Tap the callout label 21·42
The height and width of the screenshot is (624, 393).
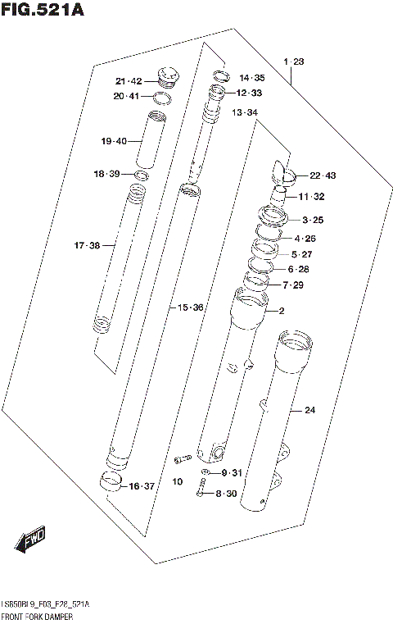[129, 80]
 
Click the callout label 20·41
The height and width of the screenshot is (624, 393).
[129, 97]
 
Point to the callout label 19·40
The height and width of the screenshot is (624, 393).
[115, 142]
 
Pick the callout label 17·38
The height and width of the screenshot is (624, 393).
[87, 245]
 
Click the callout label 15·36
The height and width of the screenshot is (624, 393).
[190, 307]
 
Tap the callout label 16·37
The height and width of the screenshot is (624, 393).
[142, 486]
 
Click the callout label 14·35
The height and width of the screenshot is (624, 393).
[252, 77]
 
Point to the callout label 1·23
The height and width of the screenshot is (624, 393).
[293, 62]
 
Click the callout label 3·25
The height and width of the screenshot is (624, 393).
[313, 220]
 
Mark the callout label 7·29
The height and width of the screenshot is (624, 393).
[292, 285]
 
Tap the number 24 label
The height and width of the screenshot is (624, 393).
[309, 410]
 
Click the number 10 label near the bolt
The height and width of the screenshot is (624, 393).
[177, 481]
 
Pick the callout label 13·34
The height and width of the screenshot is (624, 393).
[244, 112]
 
